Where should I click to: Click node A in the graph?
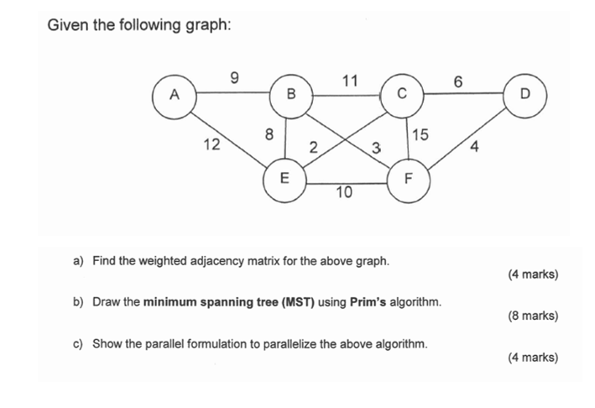point(173,94)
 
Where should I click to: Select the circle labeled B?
point(291,94)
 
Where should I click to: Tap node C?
point(402,94)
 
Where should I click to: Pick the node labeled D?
point(525,94)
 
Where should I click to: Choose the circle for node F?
point(409,178)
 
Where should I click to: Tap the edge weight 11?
point(350,81)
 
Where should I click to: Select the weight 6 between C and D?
point(457,81)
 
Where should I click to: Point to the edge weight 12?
point(211,144)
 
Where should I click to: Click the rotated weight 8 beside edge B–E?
point(269,133)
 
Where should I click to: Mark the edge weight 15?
point(420,134)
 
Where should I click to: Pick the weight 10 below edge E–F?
point(344,194)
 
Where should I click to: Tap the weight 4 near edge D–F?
point(475,149)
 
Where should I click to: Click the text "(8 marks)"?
point(533,316)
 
